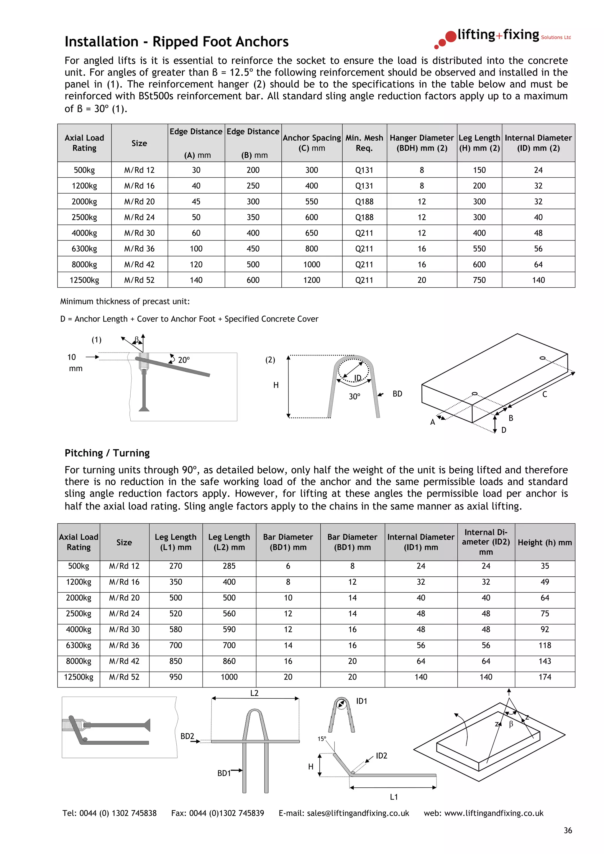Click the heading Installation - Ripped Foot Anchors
pos(176,42)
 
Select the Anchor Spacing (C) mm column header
pos(311,143)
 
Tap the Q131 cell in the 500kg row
pos(364,170)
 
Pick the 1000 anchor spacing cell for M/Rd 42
pos(311,264)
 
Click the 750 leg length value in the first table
pos(479,280)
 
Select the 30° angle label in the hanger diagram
pos(354,397)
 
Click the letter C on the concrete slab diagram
pos(544,394)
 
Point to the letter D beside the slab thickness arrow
pos(503,430)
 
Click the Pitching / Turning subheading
pos(107,453)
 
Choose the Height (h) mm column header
pos(544,542)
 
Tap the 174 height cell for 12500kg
pos(544,677)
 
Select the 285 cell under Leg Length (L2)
pos(229,566)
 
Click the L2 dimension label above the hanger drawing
pos(254,693)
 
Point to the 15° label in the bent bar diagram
pos(321,739)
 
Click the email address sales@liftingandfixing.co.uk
pos(358,813)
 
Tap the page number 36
pos(567,830)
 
